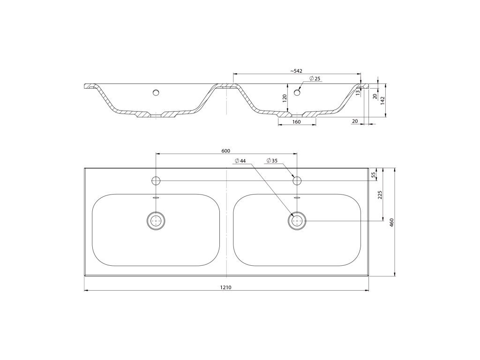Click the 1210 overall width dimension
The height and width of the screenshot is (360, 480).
[225, 287]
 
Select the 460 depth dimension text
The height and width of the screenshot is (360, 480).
[391, 222]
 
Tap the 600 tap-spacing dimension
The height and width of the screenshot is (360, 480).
[225, 150]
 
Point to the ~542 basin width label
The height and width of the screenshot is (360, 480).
[296, 71]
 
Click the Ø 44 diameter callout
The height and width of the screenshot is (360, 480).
[240, 161]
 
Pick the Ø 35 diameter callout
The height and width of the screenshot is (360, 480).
[272, 160]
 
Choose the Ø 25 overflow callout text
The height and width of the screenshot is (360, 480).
[315, 79]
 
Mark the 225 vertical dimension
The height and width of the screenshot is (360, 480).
[380, 195]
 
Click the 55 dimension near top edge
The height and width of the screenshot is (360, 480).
[373, 175]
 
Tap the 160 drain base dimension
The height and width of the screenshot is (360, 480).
[296, 121]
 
